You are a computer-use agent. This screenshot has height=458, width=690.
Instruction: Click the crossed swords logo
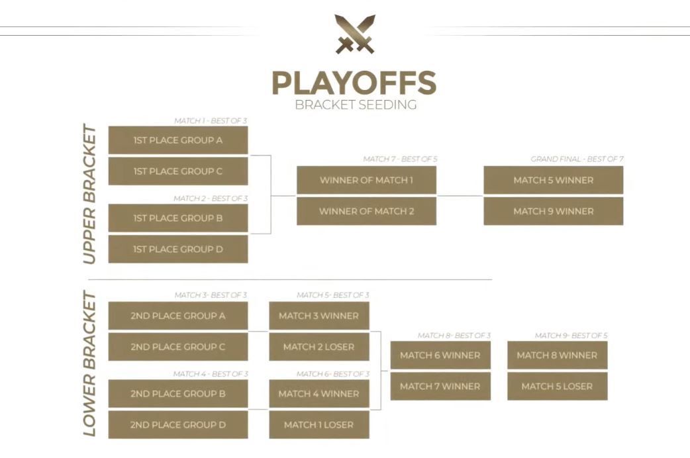(x=355, y=34)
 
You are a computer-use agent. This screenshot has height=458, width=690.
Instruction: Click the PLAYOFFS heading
(x=354, y=83)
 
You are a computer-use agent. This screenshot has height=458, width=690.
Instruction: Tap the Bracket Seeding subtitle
(x=356, y=105)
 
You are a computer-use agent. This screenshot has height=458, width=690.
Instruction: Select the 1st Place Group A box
(x=178, y=140)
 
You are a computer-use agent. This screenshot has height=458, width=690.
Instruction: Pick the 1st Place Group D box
(x=178, y=249)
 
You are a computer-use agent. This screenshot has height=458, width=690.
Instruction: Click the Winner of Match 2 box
(x=367, y=211)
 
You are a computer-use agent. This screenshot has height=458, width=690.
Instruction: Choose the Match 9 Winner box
(x=554, y=211)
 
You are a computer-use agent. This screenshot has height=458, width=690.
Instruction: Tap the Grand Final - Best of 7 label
(x=577, y=159)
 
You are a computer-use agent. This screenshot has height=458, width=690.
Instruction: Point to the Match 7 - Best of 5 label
(x=400, y=159)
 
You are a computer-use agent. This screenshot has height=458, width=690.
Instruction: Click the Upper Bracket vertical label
(x=89, y=194)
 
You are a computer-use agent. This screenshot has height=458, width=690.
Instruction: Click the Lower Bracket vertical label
(x=89, y=363)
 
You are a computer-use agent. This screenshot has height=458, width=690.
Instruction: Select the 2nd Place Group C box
(x=178, y=347)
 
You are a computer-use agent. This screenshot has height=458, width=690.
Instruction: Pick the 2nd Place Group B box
(x=178, y=394)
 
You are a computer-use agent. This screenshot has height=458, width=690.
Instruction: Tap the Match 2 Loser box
(x=319, y=347)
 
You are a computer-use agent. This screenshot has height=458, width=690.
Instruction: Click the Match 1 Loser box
(x=319, y=424)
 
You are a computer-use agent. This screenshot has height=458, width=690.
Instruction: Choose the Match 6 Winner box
(x=440, y=355)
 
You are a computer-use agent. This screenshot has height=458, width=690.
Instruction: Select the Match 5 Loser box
(x=558, y=387)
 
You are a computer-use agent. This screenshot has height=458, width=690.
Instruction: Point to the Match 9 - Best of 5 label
(x=571, y=336)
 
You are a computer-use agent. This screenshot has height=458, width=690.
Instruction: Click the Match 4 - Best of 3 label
(x=211, y=374)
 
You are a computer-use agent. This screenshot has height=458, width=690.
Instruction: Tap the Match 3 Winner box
(x=319, y=316)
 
